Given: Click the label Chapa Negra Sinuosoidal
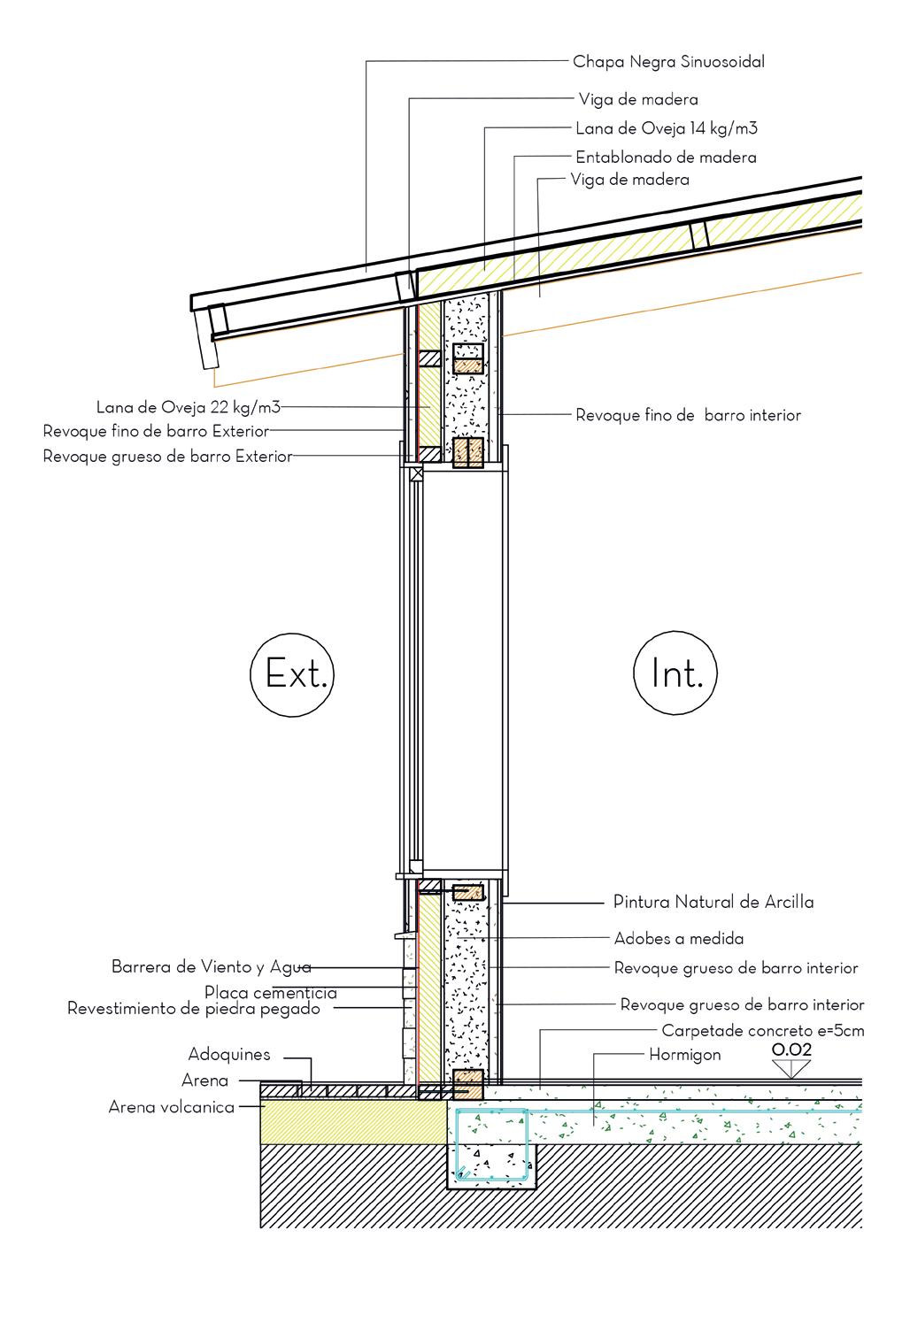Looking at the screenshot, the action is click(668, 62).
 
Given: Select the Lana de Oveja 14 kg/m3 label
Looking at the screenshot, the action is click(666, 129).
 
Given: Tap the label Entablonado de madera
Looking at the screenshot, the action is click(666, 158).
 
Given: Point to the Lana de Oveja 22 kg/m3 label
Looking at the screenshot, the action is click(188, 408).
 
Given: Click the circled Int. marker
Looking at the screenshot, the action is click(675, 674).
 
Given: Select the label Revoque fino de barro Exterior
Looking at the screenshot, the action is click(156, 432).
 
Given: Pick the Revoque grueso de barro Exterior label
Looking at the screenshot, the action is click(167, 457).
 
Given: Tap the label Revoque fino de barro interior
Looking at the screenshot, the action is click(688, 415).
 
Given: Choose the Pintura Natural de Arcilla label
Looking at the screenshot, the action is click(713, 903).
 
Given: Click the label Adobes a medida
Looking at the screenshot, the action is click(679, 938).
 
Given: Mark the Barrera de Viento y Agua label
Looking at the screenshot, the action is click(211, 967).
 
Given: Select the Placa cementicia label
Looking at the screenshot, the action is click(270, 993).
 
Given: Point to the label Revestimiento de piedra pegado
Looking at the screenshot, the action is click(194, 1009).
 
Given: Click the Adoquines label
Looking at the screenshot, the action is click(229, 1055).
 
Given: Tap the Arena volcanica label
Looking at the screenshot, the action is click(172, 1107).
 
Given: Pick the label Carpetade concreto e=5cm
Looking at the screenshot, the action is click(762, 1031).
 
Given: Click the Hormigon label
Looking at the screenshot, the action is click(685, 1055).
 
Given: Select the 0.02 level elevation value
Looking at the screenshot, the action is click(791, 1050).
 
